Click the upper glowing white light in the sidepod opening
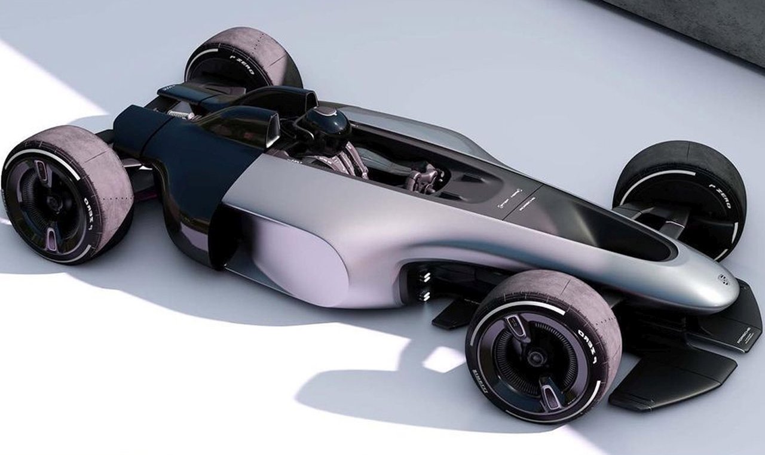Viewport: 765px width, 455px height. pos(425,276)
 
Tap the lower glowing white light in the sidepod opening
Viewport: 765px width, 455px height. pos(425,294)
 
